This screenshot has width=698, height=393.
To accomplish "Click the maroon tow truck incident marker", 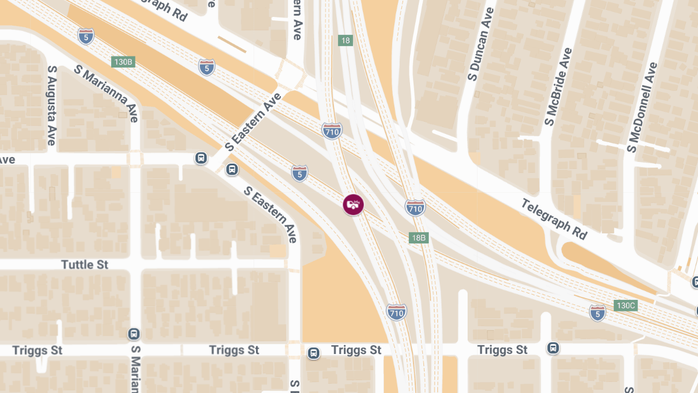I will click(x=352, y=204).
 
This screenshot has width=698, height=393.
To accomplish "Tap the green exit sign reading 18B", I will click(x=419, y=238).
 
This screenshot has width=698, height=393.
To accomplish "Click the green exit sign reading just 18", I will click(x=346, y=40).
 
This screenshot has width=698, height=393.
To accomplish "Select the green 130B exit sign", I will click(x=123, y=62).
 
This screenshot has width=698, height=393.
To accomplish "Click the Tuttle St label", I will click(x=85, y=265).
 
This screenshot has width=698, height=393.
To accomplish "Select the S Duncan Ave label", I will click(x=481, y=44).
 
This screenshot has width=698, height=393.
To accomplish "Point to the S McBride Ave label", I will click(x=558, y=87).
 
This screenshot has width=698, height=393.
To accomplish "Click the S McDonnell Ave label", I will click(x=642, y=108).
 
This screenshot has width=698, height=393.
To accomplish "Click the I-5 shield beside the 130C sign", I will click(x=597, y=313).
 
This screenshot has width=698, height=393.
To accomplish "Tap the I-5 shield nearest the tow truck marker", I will click(x=300, y=173).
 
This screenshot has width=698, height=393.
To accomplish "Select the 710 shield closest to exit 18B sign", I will click(x=415, y=207).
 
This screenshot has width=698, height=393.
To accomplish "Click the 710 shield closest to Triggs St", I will click(x=396, y=312).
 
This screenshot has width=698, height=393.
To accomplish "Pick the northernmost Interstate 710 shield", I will click(x=332, y=131).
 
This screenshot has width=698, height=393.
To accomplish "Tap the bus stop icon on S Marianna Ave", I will click(x=134, y=334).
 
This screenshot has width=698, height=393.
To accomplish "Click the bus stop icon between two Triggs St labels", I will click(x=314, y=353).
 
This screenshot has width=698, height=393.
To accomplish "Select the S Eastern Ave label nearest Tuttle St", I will click(x=271, y=214).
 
